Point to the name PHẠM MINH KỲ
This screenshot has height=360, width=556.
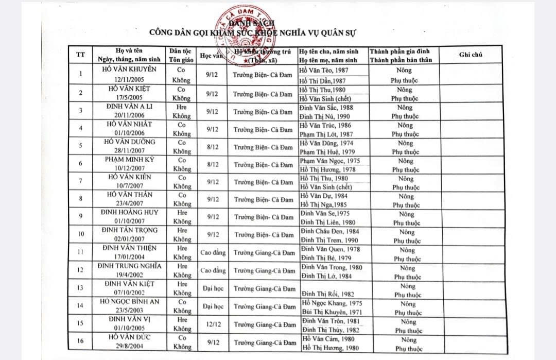(x=129, y=159)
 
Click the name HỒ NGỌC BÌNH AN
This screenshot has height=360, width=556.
(x=129, y=302)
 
